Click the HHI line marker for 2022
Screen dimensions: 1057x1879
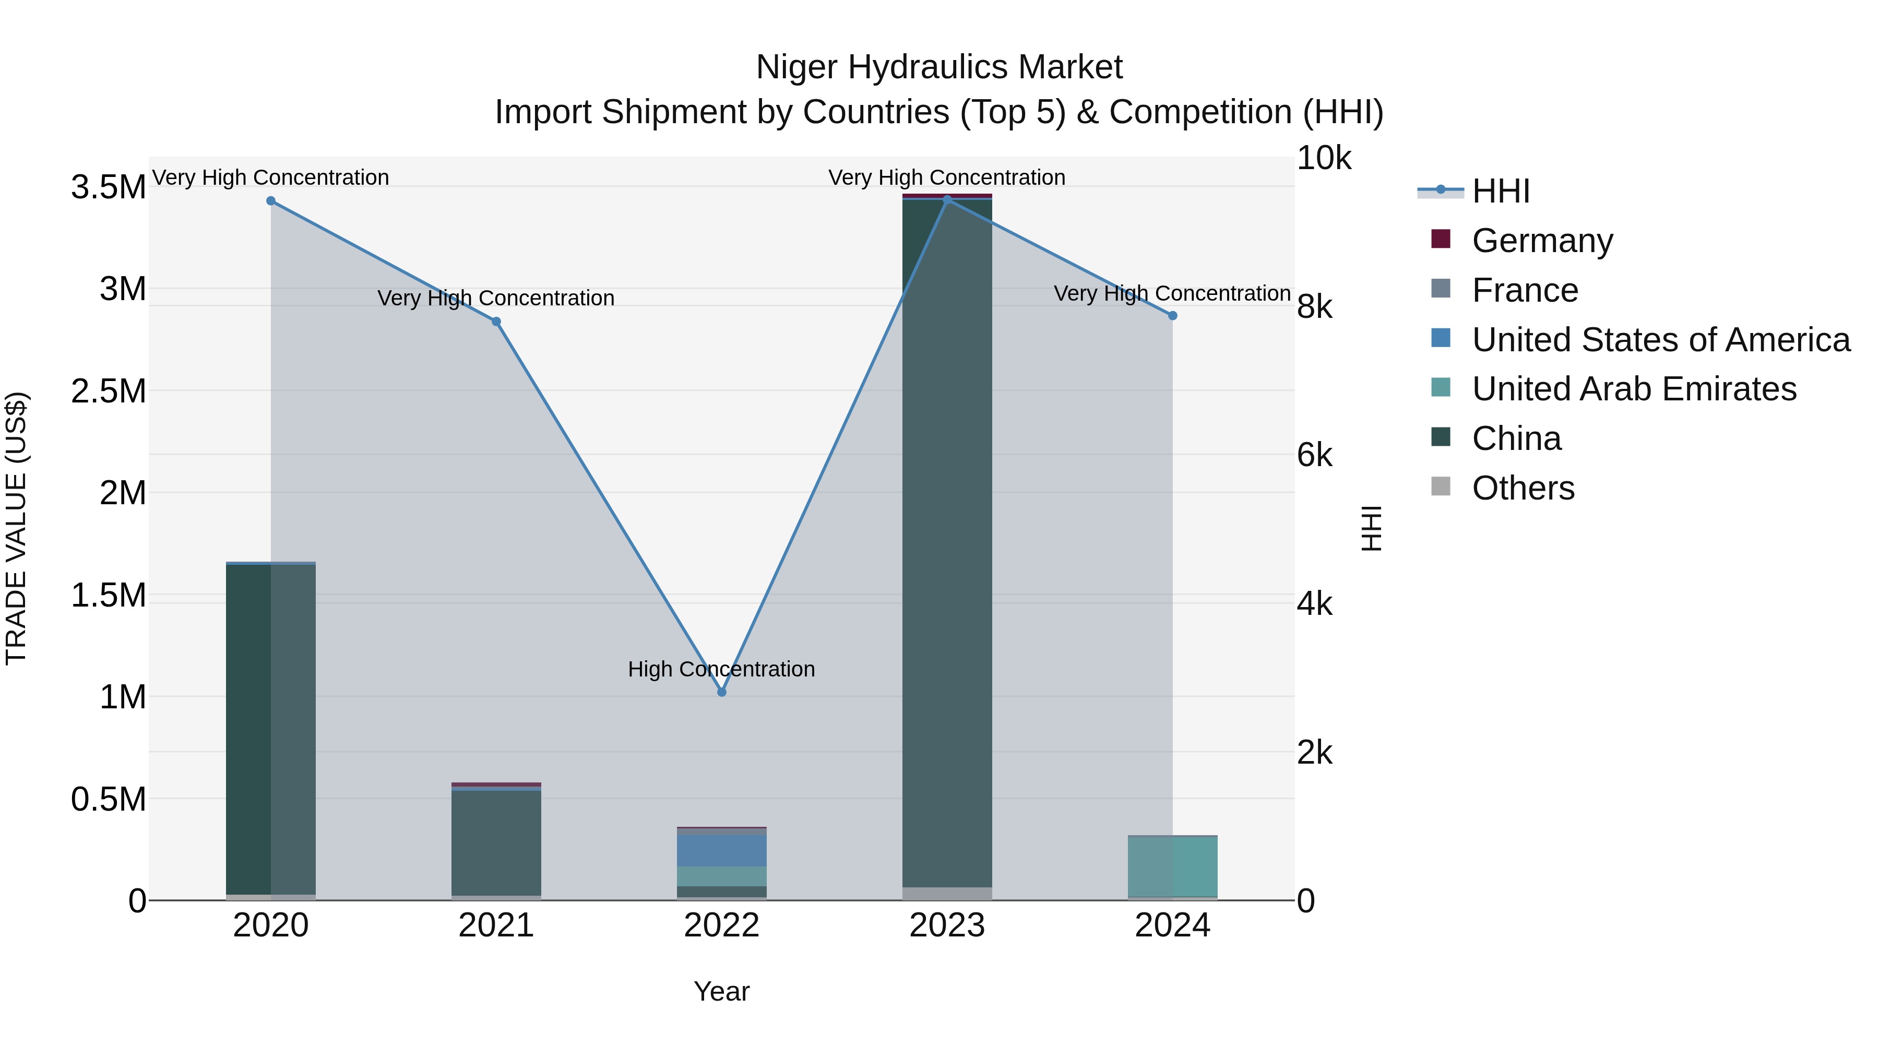pos(721,692)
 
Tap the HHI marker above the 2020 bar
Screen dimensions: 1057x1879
pos(270,200)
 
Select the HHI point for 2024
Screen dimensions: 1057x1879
pos(1172,316)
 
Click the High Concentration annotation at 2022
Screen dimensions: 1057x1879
pos(721,669)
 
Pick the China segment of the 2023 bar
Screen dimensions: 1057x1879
pos(947,540)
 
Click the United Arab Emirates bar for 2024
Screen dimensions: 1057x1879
pos(1172,866)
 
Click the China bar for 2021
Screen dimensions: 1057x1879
pos(496,842)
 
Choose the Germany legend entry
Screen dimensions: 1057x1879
pos(1541,241)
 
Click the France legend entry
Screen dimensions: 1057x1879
pos(1525,290)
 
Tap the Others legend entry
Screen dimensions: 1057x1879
pos(1523,488)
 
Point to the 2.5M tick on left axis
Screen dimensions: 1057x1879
pos(108,391)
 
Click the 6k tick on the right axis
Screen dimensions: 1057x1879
pos(1314,456)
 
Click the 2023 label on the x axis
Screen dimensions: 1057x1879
pos(947,925)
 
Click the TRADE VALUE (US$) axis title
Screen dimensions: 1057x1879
pos(16,528)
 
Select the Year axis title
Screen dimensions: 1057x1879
pos(721,991)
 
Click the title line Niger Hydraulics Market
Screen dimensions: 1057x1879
pos(939,67)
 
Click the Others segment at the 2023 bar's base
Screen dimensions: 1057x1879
pos(947,894)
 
